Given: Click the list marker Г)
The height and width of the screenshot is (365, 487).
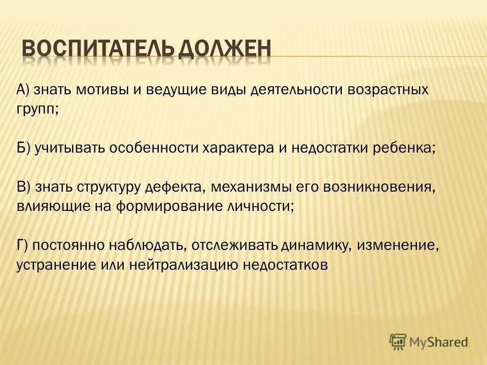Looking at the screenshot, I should tap(23, 245).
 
